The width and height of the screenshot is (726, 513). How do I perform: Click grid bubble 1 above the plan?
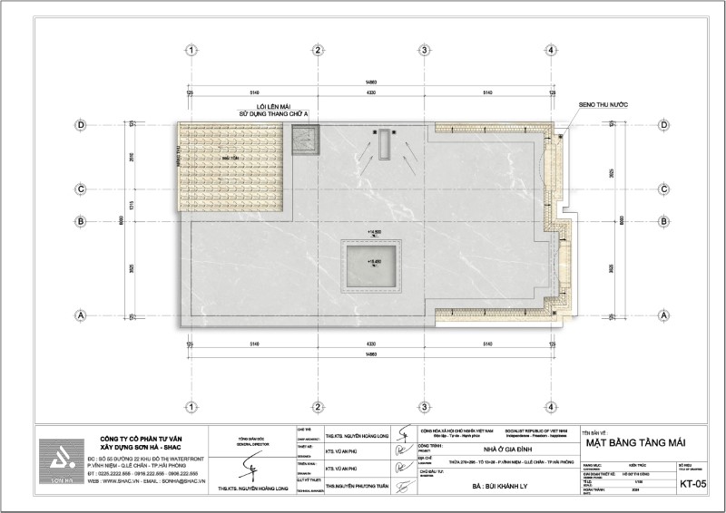(x=191, y=51)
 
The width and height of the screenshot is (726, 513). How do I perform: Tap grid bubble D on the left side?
(x=81, y=124)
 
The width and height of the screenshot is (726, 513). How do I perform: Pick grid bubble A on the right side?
(x=662, y=315)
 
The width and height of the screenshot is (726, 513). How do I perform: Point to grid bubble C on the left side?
(x=81, y=189)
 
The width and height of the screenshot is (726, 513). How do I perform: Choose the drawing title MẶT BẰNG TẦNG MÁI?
(x=633, y=441)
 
